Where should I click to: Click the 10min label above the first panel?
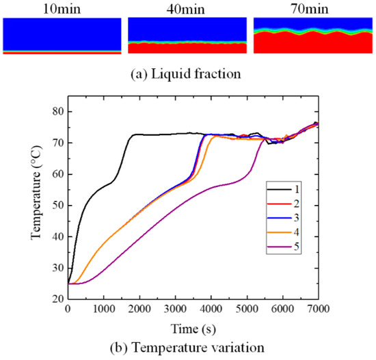point(62,8)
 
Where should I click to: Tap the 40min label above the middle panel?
point(187,8)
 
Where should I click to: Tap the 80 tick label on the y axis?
point(55,112)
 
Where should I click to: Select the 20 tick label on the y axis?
point(55,299)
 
